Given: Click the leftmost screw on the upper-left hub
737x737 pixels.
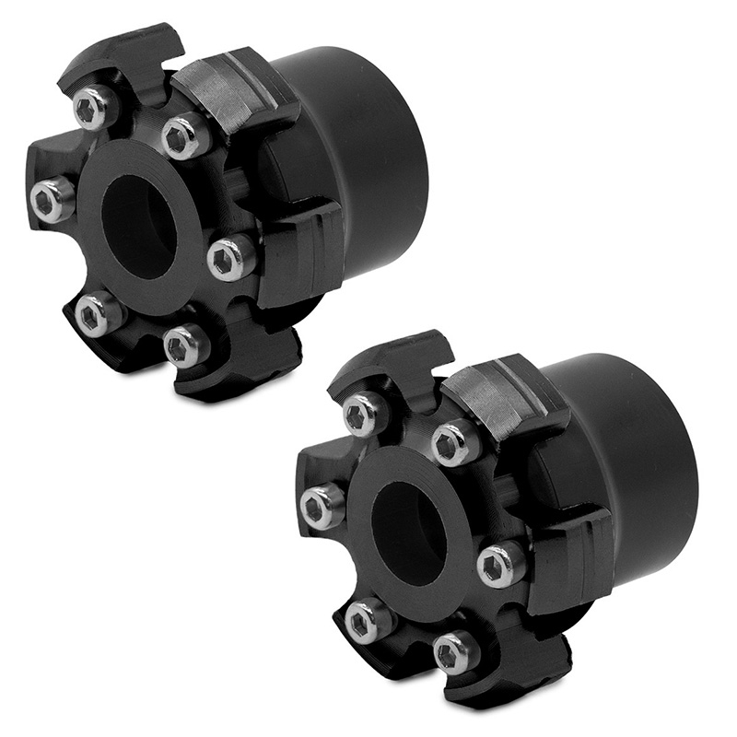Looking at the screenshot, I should coord(51,199).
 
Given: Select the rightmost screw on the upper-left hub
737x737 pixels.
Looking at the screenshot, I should coord(228,259).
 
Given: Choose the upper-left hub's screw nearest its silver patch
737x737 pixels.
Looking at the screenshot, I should coord(183,138).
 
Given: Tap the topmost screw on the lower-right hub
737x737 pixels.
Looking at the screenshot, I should coord(365,414).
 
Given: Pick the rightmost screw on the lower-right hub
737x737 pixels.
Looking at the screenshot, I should coord(499,563).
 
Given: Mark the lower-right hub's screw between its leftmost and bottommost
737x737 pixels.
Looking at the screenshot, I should coord(367,620).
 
